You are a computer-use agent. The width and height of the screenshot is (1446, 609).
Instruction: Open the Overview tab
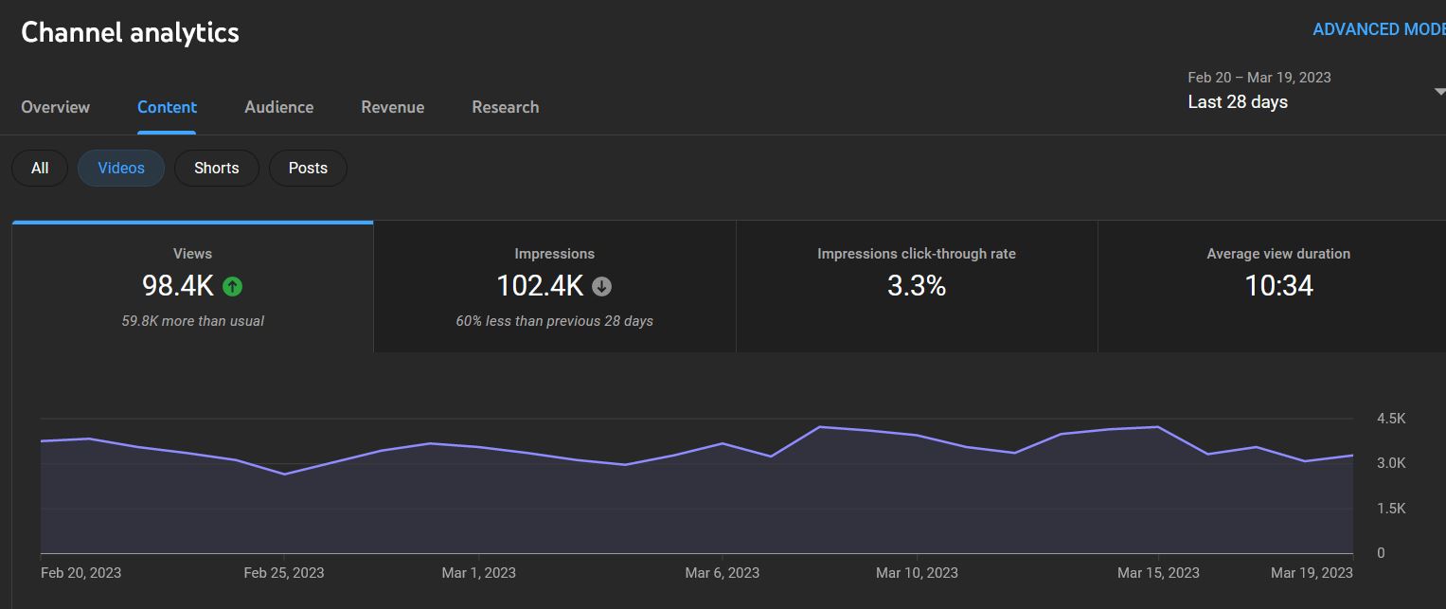tap(55, 107)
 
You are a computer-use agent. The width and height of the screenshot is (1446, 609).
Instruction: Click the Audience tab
tap(278, 107)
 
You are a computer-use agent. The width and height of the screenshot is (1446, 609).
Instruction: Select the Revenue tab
tap(392, 107)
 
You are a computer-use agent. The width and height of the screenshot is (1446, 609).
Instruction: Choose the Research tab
tap(505, 107)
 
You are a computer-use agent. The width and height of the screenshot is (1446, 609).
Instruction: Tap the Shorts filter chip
tap(216, 168)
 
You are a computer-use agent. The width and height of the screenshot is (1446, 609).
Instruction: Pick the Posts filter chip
tap(308, 168)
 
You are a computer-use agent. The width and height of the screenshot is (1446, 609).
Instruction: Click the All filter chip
tap(40, 168)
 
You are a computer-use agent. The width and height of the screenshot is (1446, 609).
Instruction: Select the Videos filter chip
tap(121, 168)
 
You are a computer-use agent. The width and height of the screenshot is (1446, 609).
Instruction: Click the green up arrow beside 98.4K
tap(232, 285)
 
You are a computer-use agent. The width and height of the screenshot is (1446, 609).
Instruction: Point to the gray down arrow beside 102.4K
tap(601, 285)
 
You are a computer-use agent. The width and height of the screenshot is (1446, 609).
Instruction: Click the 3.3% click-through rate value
tap(916, 285)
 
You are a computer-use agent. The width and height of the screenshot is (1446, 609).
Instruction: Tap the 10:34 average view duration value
tap(1278, 285)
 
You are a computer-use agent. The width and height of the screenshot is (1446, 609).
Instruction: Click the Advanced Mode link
tap(1378, 29)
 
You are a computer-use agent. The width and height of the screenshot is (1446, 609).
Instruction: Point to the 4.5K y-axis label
tap(1390, 419)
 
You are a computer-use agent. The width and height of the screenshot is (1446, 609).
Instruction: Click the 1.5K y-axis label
tap(1390, 509)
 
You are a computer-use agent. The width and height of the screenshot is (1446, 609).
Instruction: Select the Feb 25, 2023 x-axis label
tap(283, 573)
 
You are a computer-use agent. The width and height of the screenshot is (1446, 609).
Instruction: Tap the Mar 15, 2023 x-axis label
tap(1157, 573)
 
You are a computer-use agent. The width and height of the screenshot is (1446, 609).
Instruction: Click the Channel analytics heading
tap(130, 32)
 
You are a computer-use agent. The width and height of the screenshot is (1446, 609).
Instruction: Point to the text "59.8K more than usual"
tap(192, 321)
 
